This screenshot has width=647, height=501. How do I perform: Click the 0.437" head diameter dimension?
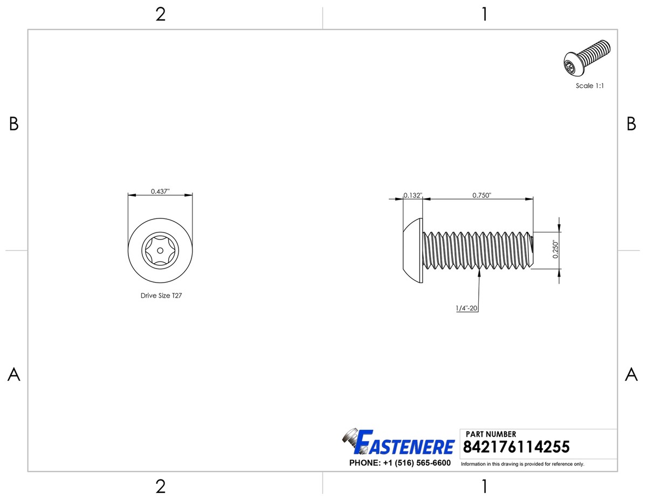pos(160,191)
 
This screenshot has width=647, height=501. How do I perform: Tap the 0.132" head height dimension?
pos(413,195)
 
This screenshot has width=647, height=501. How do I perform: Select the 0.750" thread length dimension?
pos(482,195)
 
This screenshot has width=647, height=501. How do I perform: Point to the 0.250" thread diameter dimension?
pos(555,250)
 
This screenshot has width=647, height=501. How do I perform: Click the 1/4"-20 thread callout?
pos(466,308)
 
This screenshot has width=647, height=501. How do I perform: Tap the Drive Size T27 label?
pos(161,296)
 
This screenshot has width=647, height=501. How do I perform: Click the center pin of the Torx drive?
pos(160,250)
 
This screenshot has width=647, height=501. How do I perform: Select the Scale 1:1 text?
pos(589,86)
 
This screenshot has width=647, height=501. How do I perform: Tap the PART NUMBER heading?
pos(491,434)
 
